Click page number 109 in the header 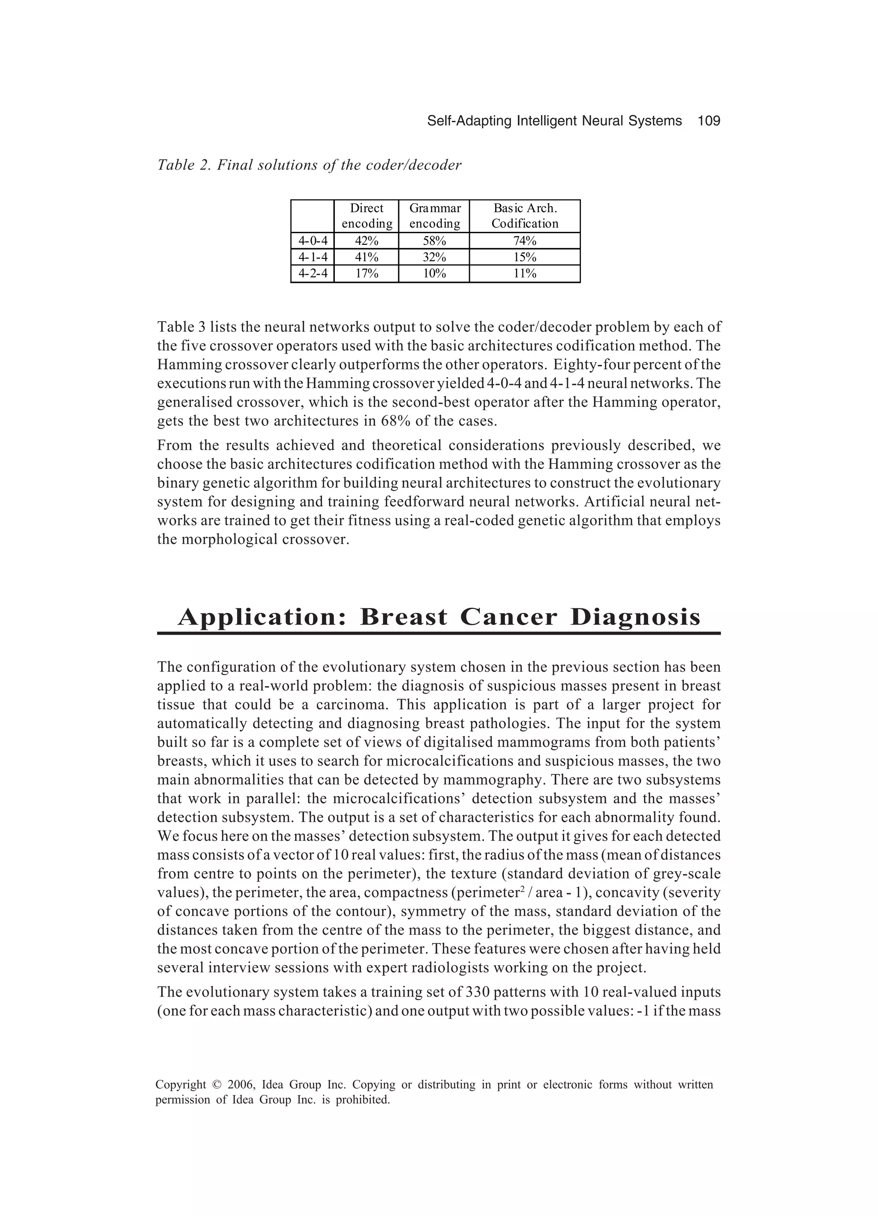point(709,121)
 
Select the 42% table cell point(366,241)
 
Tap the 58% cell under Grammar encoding point(434,241)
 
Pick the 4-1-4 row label point(312,257)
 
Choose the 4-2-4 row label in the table point(312,274)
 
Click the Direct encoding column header point(366,216)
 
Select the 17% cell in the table point(366,274)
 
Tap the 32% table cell point(434,257)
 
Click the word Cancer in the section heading point(508,617)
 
